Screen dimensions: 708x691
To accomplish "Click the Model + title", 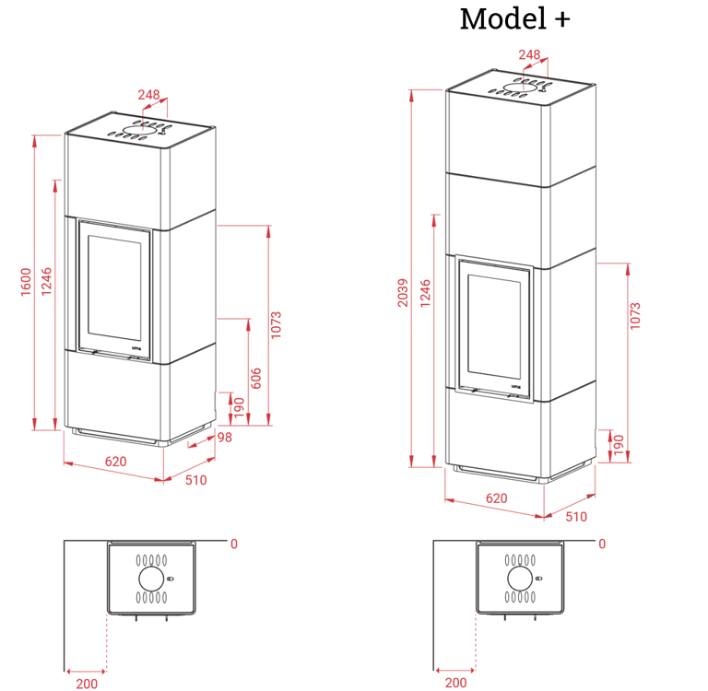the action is point(514,19).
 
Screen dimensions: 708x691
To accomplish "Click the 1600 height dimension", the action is point(26,282).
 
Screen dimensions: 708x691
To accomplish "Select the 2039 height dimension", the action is point(402,293).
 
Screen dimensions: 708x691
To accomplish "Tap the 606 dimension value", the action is point(255,379).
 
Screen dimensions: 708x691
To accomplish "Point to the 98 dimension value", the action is point(225,438).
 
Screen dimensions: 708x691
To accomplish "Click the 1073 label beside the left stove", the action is point(276,324).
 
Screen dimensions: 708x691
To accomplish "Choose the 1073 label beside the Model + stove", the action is point(635,316).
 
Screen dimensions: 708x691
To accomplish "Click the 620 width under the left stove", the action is point(115,462).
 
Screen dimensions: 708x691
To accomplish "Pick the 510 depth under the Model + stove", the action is point(576,516).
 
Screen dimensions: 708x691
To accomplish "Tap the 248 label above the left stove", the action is point(148,94).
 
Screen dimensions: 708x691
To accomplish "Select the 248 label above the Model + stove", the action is point(529,54).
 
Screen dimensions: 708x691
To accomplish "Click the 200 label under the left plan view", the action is point(87,684).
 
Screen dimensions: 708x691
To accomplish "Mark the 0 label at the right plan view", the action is point(602,544).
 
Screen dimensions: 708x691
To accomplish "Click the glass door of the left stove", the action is point(114,288).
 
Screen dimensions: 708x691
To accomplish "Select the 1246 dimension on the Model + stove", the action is point(425,293).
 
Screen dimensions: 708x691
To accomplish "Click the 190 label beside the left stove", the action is point(240,407).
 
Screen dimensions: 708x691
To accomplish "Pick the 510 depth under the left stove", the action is point(196,480).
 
